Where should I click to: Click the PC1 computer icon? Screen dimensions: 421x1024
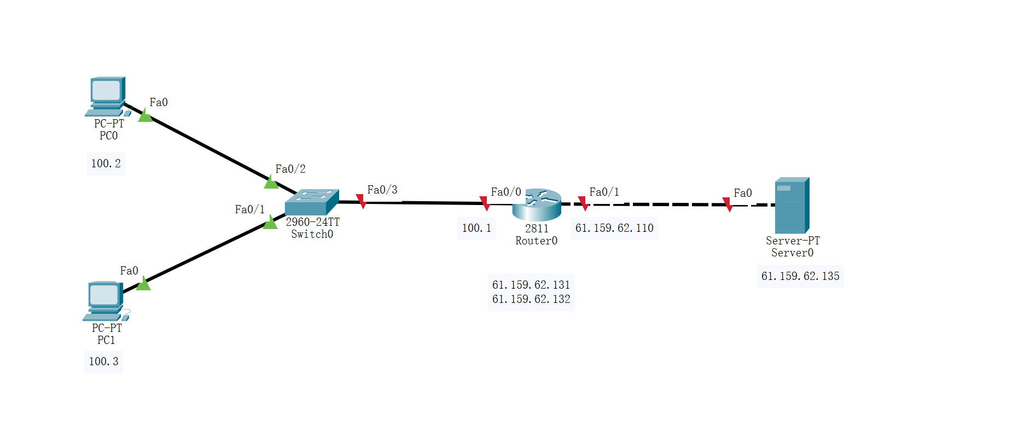pos(104,300)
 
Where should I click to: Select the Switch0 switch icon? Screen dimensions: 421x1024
pos(311,202)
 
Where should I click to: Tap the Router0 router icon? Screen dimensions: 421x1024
pos(537,204)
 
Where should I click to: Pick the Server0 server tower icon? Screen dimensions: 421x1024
pos(792,205)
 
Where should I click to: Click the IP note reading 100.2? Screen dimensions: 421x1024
pos(106,163)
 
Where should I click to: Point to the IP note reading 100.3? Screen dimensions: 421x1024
pos(103,361)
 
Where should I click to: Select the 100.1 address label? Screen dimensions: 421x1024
pos(476,228)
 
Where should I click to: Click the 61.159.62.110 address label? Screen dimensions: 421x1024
pos(614,228)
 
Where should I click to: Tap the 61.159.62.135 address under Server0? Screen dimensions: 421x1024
pos(800,276)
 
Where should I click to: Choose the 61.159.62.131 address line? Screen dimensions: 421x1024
pos(531,285)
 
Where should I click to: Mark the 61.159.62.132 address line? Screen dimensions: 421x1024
pos(531,299)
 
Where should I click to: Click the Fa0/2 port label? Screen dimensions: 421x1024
pos(290,169)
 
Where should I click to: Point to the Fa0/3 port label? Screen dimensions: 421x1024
pos(382,190)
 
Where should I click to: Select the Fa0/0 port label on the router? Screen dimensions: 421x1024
pos(506,192)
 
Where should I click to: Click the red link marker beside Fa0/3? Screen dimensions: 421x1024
pos(361,201)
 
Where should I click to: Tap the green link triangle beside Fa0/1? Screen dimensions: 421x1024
pos(270,223)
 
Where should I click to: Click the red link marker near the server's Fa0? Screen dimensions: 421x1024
pos(728,204)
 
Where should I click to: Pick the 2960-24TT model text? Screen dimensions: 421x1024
pos(312,222)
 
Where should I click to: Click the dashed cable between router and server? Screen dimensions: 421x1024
pos(656,204)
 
